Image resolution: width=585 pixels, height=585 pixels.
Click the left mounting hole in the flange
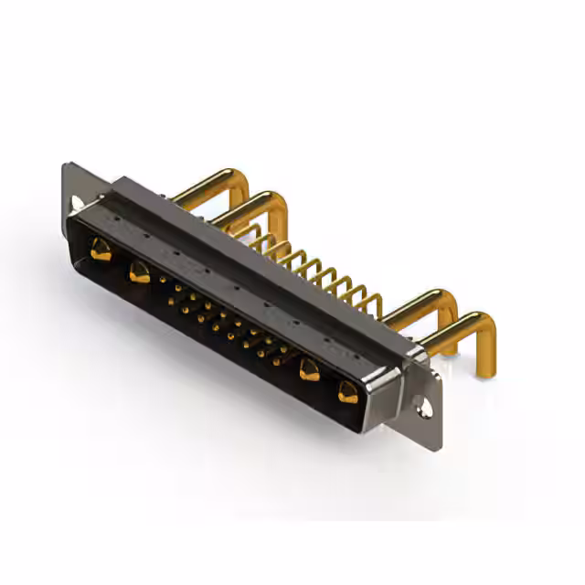click(77, 200)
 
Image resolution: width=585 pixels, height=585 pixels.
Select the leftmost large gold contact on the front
click(101, 248)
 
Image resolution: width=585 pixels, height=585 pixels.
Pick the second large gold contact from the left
click(139, 271)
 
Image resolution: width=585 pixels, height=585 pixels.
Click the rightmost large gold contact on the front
click(348, 393)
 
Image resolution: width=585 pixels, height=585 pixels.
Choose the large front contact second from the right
click(310, 370)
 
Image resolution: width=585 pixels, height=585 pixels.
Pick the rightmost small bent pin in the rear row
click(370, 297)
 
